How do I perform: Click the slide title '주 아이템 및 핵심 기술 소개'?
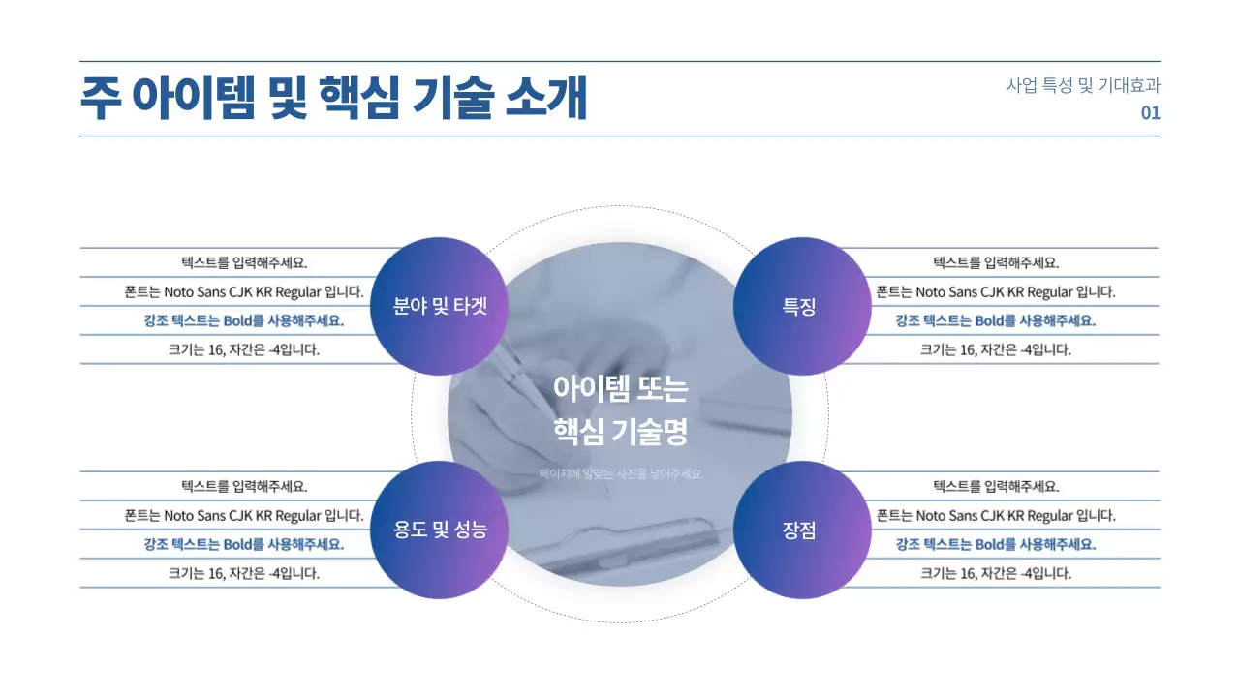[334, 98]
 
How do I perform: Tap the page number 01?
[1150, 113]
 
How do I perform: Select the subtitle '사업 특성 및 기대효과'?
[1083, 85]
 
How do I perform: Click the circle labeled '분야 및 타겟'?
[440, 307]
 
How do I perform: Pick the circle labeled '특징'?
[799, 307]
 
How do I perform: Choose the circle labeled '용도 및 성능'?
[440, 530]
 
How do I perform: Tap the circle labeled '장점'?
[799, 530]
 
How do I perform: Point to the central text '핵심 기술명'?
[620, 432]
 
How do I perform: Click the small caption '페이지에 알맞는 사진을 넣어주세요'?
[620, 474]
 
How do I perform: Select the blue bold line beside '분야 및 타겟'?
[243, 321]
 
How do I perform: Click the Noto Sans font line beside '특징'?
[996, 291]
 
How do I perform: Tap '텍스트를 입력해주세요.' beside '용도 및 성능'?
[244, 486]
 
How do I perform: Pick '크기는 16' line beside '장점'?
[996, 573]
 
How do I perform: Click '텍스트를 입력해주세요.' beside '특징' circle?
[996, 262]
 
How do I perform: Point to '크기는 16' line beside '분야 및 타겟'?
[244, 349]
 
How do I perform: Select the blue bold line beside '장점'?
[996, 544]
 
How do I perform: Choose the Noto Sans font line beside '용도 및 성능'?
[244, 515]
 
